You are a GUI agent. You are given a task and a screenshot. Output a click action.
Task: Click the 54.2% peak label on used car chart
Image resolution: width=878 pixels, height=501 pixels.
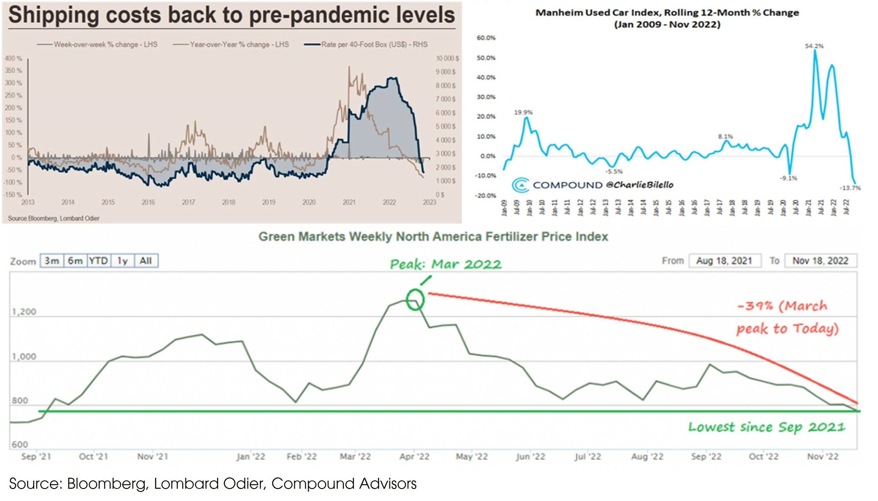pyautogui.click(x=814, y=46)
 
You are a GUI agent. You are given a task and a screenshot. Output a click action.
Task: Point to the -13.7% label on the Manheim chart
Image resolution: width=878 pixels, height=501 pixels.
pyautogui.click(x=850, y=188)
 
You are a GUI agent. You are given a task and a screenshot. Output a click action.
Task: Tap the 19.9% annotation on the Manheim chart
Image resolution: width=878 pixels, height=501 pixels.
pyautogui.click(x=523, y=113)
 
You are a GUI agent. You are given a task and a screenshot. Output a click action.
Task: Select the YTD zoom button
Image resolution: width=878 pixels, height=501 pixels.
pyautogui.click(x=99, y=261)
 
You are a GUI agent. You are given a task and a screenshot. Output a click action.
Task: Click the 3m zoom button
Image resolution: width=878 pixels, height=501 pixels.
pyautogui.click(x=52, y=261)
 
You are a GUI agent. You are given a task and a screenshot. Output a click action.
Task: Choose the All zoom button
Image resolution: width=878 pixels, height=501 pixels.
pyautogui.click(x=146, y=261)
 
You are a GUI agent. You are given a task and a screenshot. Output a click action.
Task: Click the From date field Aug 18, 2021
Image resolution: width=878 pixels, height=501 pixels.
pyautogui.click(x=725, y=261)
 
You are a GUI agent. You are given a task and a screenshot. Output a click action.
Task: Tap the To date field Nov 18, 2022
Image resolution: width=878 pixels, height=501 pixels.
pyautogui.click(x=821, y=261)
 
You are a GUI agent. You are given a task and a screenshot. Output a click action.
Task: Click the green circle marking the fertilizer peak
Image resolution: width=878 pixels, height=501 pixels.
pyautogui.click(x=415, y=300)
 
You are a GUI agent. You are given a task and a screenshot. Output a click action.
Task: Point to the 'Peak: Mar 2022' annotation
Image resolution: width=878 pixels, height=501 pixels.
pyautogui.click(x=445, y=264)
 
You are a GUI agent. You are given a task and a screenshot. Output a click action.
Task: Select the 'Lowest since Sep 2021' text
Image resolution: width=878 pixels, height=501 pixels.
pyautogui.click(x=767, y=427)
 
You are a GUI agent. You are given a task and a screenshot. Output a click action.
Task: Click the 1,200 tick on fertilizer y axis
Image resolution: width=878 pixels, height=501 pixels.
pyautogui.click(x=24, y=312)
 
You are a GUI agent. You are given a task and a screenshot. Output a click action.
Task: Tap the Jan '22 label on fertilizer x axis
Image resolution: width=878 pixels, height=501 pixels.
pyautogui.click(x=251, y=456)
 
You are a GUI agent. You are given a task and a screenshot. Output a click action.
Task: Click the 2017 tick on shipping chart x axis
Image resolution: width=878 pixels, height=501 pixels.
pyautogui.click(x=188, y=202)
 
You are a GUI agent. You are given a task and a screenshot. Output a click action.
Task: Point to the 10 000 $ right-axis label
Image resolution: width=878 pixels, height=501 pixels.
pyautogui.click(x=447, y=58)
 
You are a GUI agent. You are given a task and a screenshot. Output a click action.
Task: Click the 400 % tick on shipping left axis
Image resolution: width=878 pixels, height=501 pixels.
pyautogui.click(x=14, y=58)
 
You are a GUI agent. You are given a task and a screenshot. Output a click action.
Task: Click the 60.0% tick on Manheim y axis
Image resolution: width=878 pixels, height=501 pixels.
pyautogui.click(x=486, y=38)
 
